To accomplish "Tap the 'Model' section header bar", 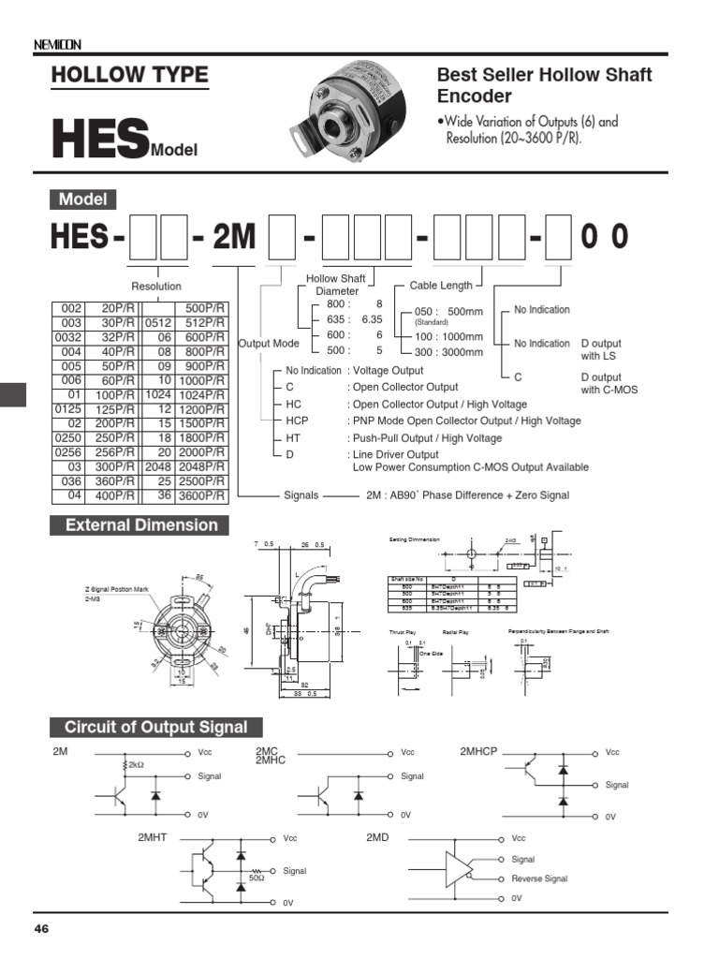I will [82, 199].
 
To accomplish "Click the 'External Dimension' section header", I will [140, 525].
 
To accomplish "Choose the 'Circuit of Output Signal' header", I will [155, 728].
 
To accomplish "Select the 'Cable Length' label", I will [441, 286].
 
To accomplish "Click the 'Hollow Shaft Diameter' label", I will [336, 285].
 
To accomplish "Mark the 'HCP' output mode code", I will [297, 421].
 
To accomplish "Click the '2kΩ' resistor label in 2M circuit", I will [137, 765].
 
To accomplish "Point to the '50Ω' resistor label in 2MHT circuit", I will [256, 878].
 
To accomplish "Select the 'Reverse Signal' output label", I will [539, 878].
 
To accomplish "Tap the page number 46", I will [41, 929].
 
